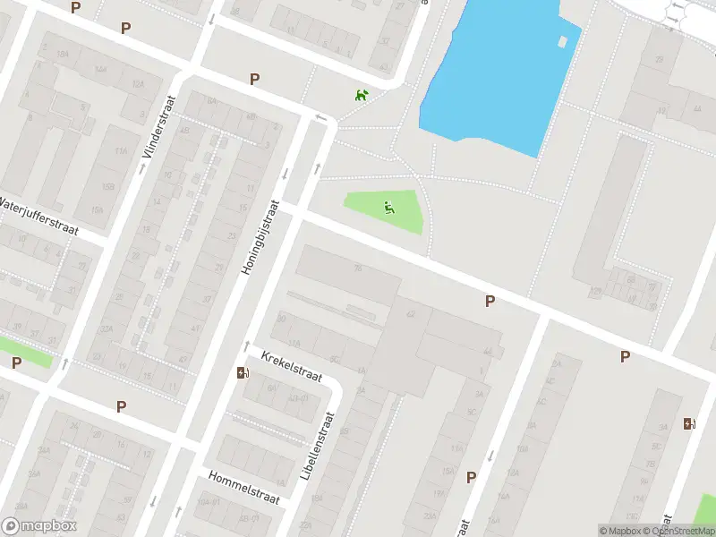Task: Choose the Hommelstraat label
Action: pyautogui.click(x=243, y=487)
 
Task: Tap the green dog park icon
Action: pyautogui.click(x=361, y=95)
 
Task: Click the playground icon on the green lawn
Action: pyautogui.click(x=388, y=209)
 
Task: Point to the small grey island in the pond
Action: pyautogui.click(x=562, y=41)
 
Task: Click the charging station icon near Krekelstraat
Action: pyautogui.click(x=241, y=373)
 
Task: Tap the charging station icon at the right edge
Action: pyautogui.click(x=687, y=423)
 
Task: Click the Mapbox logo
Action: pyautogui.click(x=39, y=526)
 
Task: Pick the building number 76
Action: pyautogui.click(x=358, y=268)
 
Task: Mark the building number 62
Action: pyautogui.click(x=411, y=314)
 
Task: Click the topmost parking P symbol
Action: pyautogui.click(x=75, y=7)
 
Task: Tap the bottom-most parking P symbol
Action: pyautogui.click(x=471, y=477)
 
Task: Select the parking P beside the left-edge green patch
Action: pyautogui.click(x=16, y=362)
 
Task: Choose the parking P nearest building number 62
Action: pyautogui.click(x=490, y=302)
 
